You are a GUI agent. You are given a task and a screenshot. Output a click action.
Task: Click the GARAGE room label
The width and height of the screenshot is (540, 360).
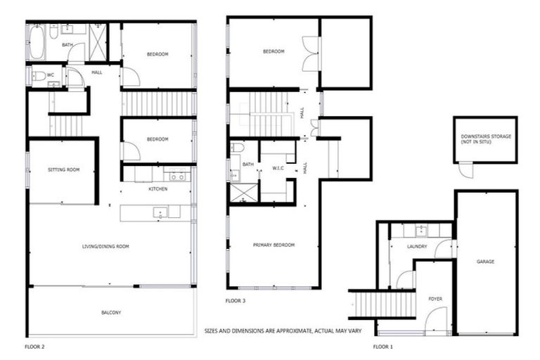485,262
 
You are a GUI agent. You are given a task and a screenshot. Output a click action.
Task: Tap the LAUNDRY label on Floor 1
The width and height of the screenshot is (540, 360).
417,246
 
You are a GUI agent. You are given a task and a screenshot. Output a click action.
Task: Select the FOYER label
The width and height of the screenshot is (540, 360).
435,300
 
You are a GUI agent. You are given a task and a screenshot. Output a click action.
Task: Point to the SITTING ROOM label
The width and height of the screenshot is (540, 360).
62,170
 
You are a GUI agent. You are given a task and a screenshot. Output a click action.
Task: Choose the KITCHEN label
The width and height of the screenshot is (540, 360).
157,190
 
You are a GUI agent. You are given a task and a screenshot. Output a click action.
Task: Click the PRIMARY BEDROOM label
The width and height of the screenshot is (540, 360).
274,245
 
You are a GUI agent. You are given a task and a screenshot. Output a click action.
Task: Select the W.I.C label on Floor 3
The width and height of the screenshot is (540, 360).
277,167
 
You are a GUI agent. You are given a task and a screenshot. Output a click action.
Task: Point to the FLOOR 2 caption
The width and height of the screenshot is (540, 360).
34,347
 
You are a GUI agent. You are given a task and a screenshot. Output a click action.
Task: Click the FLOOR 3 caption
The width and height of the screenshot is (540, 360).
236,300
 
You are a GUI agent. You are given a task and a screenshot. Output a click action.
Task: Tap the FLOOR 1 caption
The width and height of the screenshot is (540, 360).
383,347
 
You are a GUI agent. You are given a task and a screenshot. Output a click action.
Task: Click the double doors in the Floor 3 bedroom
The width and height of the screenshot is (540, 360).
310,53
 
